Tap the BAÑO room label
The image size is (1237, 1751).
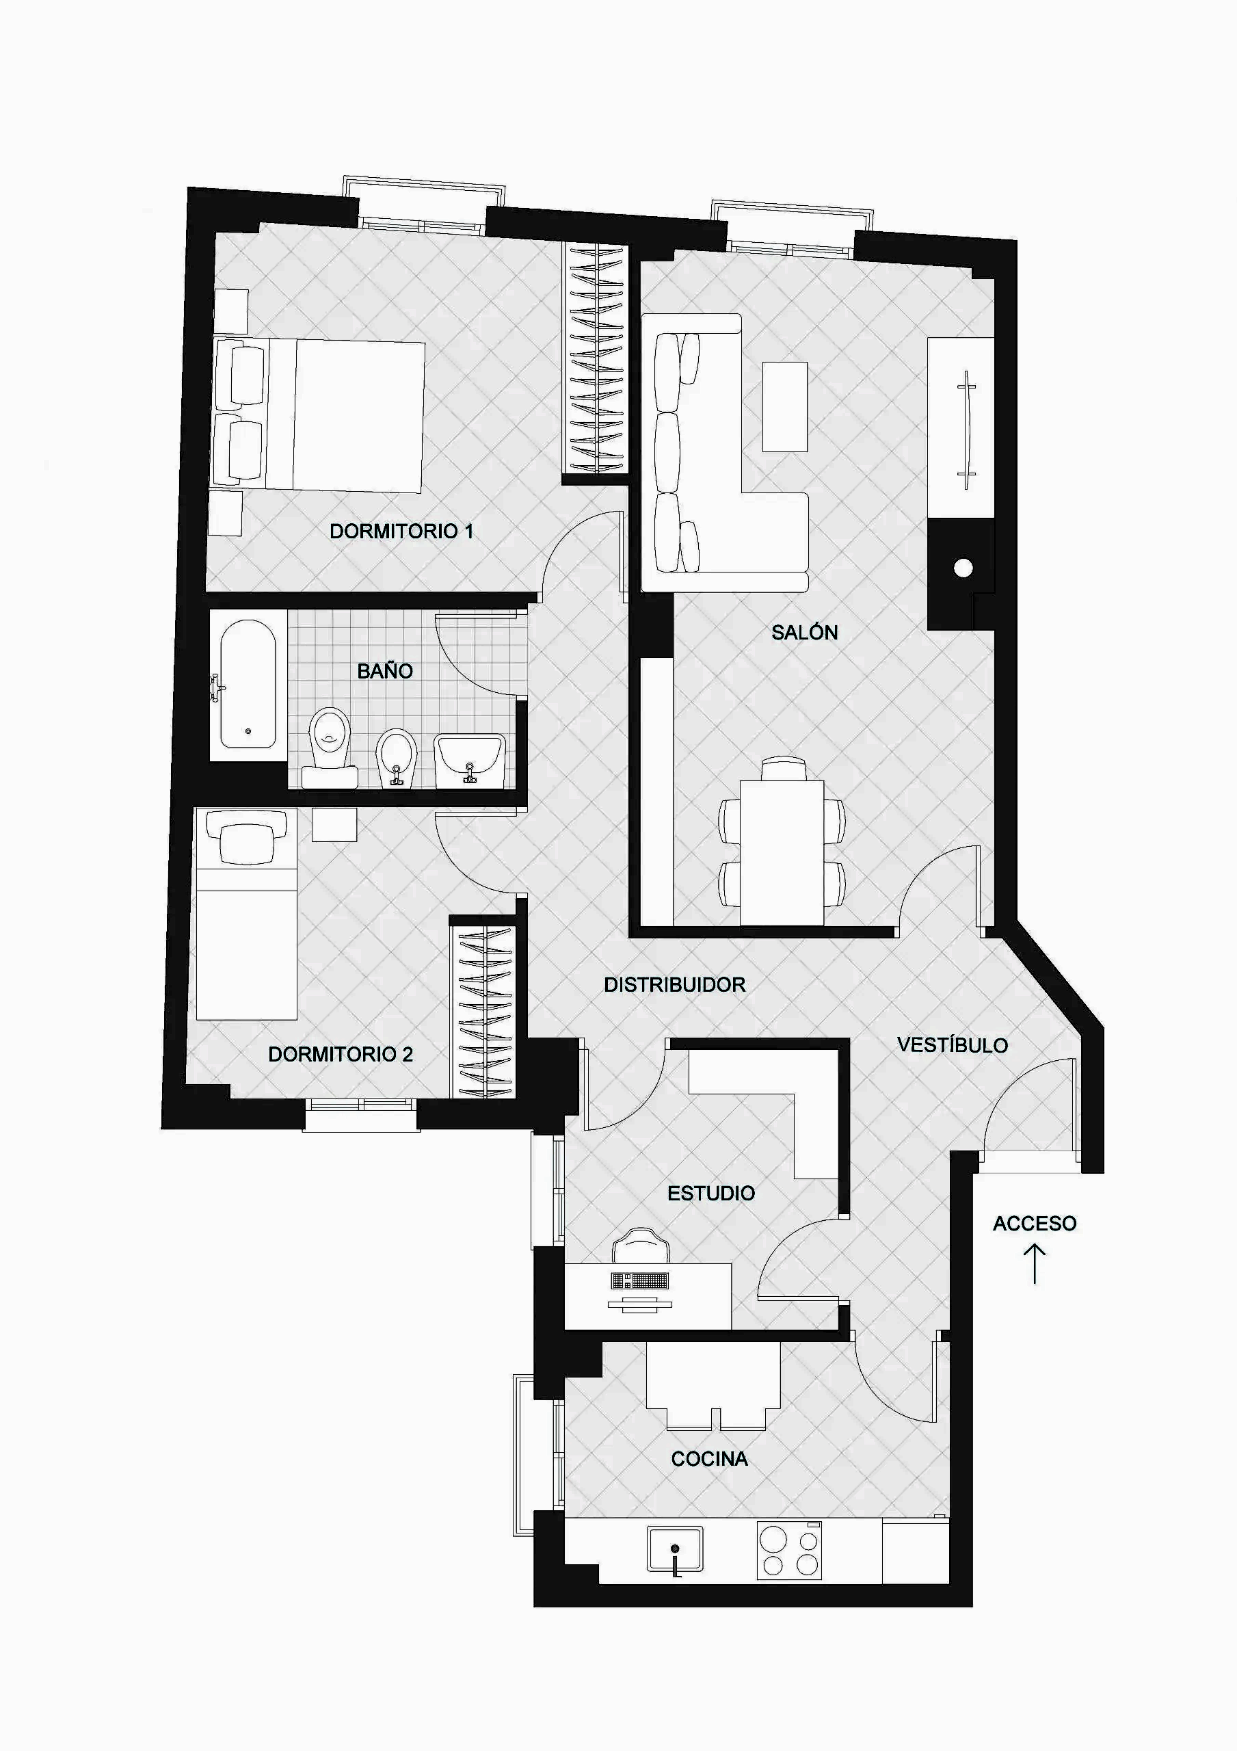(x=385, y=671)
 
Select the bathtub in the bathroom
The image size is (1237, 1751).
(x=248, y=684)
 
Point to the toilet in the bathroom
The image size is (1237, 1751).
(x=330, y=748)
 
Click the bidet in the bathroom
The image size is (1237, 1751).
(x=397, y=757)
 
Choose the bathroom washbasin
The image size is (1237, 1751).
(x=470, y=761)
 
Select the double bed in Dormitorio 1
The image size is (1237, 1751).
(x=319, y=414)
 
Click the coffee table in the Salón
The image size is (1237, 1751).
(x=785, y=406)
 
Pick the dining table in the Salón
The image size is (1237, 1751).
(x=782, y=852)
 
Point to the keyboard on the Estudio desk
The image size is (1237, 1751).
(x=640, y=1280)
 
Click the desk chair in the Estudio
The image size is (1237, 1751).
(x=641, y=1247)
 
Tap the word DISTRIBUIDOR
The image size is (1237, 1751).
(x=675, y=984)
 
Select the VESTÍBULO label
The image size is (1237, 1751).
(x=953, y=1045)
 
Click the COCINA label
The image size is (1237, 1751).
(x=709, y=1459)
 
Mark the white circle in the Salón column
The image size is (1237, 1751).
(x=963, y=568)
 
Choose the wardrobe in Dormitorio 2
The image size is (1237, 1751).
(x=483, y=1011)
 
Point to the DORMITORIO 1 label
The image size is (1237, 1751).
(x=401, y=531)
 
